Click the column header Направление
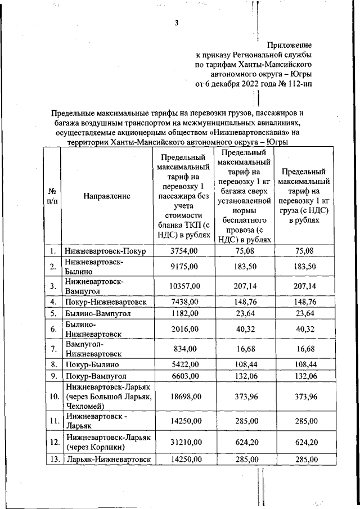pyautogui.click(x=107, y=196)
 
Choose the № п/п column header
pyautogui.click(x=52, y=196)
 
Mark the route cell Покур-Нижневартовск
pyautogui.click(x=105, y=302)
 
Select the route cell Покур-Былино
pyautogui.click(x=91, y=364)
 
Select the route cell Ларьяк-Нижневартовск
pyautogui.click(x=108, y=459)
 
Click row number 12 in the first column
pyautogui.click(x=52, y=442)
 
